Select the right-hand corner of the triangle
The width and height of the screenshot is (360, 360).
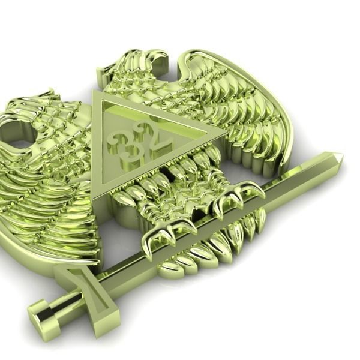225,131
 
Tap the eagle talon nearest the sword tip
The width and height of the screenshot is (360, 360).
237,195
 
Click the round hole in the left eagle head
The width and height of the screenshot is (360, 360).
19,143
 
